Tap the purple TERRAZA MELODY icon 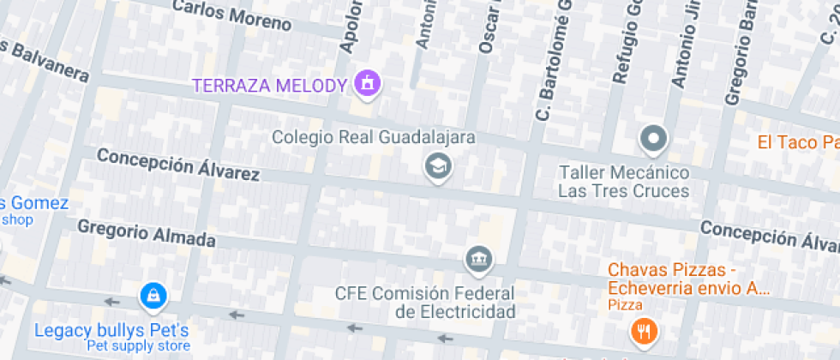(368, 84)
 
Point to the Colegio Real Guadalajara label (374, 137)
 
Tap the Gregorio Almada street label (147, 233)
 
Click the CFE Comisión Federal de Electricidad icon (477, 258)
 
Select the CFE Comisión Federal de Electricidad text (425, 302)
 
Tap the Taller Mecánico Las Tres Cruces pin (654, 137)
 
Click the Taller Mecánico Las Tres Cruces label (623, 181)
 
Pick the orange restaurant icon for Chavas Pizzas (642, 330)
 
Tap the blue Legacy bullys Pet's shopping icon (153, 297)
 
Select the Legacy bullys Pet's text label (111, 330)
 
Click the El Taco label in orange (797, 142)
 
